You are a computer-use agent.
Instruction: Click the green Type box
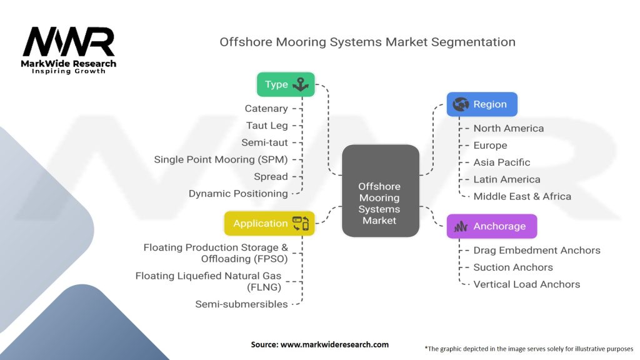pos(286,84)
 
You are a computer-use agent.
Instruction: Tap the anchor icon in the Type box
pos(301,84)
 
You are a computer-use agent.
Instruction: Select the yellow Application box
pos(269,223)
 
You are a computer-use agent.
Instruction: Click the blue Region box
pos(482,104)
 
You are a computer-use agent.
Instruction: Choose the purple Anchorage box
pos(492,226)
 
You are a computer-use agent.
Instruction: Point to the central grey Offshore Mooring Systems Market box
pos(381,191)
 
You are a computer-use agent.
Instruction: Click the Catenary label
pos(266,109)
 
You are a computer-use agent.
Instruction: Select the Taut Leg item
pos(267,126)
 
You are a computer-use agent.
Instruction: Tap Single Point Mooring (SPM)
pos(221,159)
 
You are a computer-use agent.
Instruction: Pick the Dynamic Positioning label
pos(238,194)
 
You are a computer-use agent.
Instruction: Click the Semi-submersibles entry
pos(241,304)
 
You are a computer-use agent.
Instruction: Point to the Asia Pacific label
pos(502,162)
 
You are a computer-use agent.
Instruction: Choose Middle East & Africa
pos(522,196)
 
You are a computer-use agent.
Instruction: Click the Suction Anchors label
pos(513,267)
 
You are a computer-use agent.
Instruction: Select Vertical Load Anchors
pos(526,284)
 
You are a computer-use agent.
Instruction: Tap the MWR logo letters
pos(69,42)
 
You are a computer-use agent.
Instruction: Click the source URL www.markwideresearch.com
pos(334,344)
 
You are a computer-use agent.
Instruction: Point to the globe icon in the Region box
pos(461,104)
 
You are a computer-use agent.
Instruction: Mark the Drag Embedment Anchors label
pos(537,250)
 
